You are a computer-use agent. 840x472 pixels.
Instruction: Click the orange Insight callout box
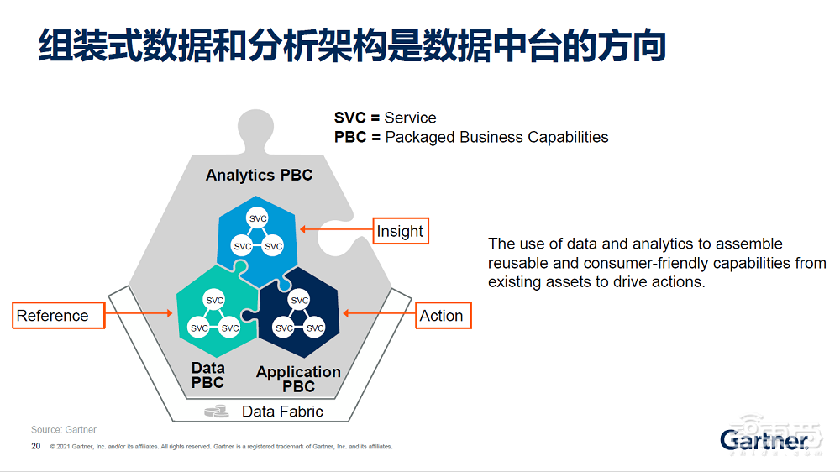point(401,231)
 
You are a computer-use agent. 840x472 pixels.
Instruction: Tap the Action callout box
point(442,316)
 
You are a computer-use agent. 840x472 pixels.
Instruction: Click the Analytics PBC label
point(259,175)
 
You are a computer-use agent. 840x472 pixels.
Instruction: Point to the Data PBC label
point(207,375)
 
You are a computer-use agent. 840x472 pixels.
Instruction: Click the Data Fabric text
point(282,412)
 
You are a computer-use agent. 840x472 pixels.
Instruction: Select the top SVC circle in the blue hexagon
point(258,219)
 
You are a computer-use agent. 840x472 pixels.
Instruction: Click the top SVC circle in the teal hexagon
point(215,301)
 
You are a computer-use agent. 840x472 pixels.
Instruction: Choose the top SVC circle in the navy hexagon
point(299,301)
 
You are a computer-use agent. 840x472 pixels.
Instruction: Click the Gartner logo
point(762,439)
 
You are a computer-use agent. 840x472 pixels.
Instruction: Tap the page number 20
point(35,446)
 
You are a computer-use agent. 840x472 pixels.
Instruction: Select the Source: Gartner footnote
point(64,430)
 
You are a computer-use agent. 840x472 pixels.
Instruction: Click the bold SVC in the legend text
point(349,118)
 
